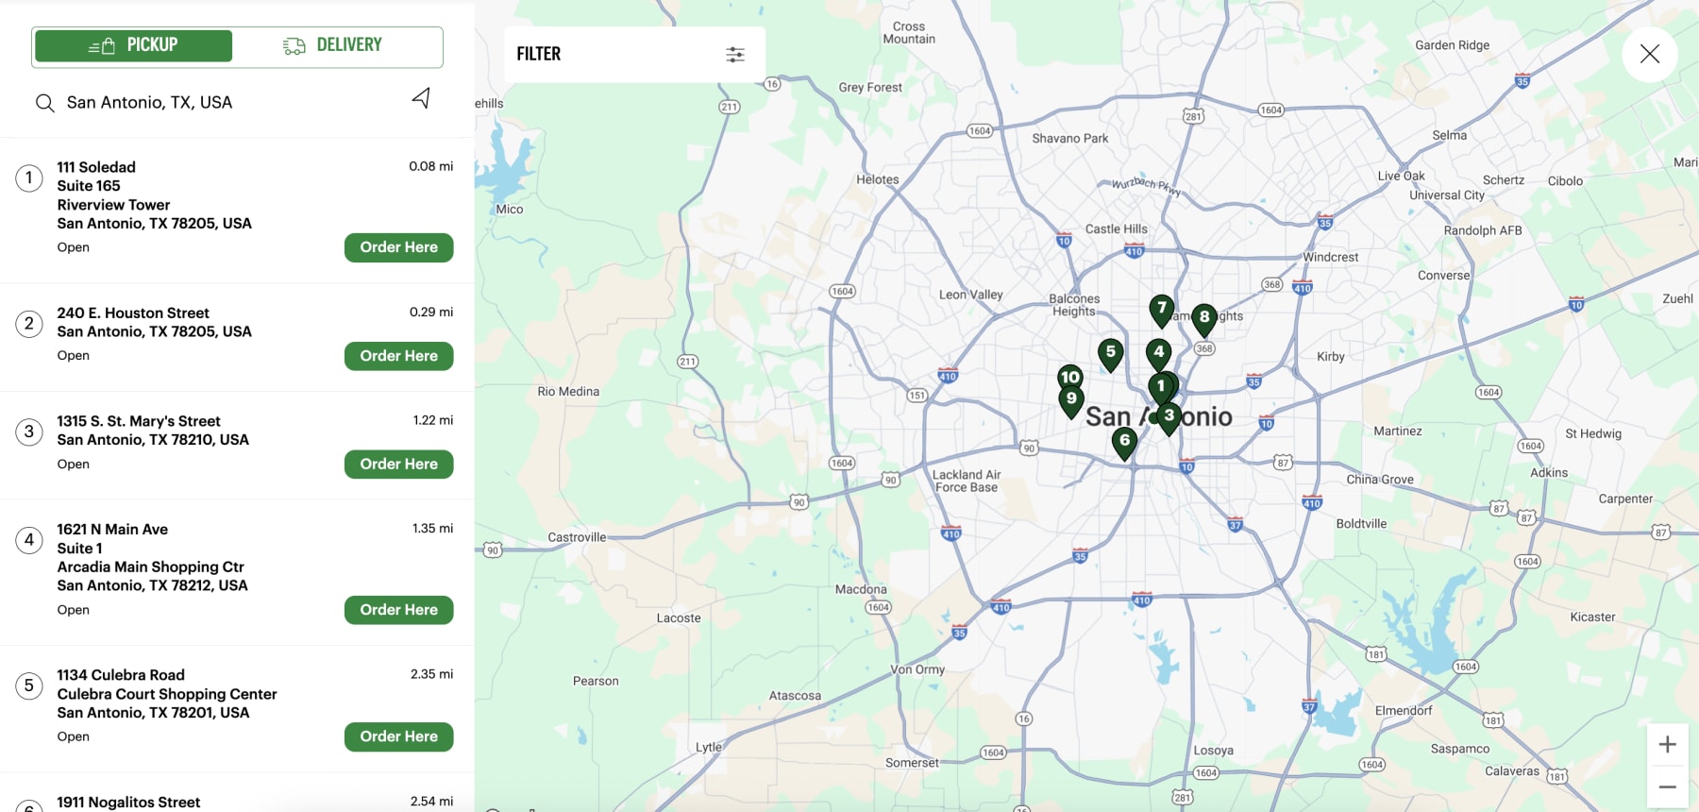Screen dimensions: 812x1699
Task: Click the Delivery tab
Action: tap(332, 45)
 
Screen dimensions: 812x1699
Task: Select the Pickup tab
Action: tap(133, 45)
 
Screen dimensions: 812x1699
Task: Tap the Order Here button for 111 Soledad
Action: tap(398, 247)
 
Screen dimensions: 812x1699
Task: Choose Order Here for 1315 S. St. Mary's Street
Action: tap(398, 465)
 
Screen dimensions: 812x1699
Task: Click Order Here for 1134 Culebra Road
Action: tap(398, 736)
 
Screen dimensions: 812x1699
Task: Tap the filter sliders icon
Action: tap(735, 55)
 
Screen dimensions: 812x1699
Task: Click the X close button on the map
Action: tap(1649, 55)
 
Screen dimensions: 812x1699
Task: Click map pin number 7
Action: tap(1162, 309)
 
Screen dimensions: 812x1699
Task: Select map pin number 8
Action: tap(1204, 318)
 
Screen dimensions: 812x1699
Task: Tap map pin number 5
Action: tap(1111, 353)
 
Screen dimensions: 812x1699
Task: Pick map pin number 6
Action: tap(1124, 441)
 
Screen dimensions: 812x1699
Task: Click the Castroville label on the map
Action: tap(577, 537)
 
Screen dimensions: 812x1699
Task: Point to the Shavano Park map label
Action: tap(1069, 138)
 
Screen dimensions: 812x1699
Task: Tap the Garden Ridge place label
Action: tap(1452, 45)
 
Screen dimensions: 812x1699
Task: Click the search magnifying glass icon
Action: tap(44, 103)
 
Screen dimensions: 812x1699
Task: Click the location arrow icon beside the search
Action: tap(421, 98)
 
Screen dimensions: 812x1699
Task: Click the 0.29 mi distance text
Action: tap(430, 312)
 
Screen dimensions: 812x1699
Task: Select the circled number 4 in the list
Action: tap(29, 540)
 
